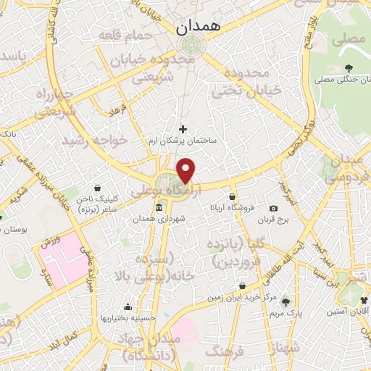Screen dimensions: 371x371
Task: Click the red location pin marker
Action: pyautogui.click(x=187, y=171)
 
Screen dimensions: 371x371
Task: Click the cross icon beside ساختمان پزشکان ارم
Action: pyautogui.click(x=182, y=128)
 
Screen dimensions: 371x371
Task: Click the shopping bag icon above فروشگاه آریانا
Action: pyautogui.click(x=232, y=196)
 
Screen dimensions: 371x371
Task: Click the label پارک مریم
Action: pyautogui.click(x=285, y=313)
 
